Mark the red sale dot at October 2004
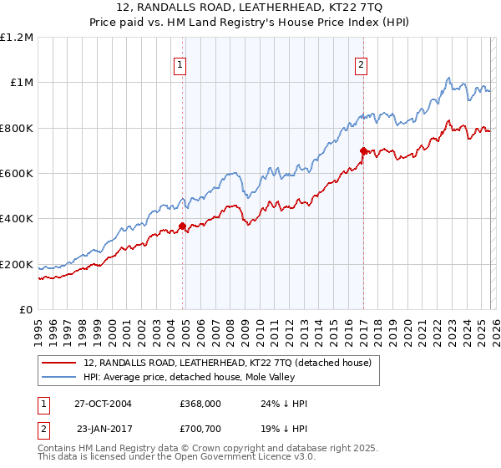coord(182,226)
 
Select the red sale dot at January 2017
coord(363,150)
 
